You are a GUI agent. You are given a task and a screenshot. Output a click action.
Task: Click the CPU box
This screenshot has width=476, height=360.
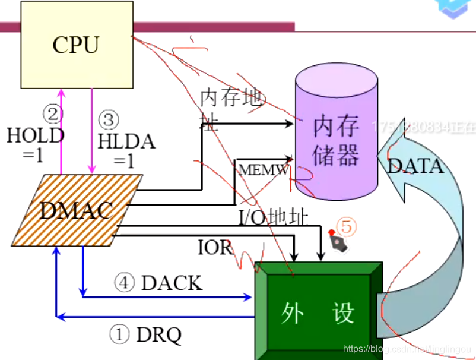click(76, 45)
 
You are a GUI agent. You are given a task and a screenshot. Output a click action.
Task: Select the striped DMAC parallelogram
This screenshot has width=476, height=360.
click(77, 210)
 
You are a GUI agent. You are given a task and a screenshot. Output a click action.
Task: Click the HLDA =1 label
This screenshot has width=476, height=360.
click(126, 151)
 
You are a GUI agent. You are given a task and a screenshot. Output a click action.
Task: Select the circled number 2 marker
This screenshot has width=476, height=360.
click(52, 113)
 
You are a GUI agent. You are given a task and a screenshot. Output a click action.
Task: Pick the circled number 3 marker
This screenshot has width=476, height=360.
click(108, 121)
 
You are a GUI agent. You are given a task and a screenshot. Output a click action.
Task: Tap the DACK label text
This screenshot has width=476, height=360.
click(172, 283)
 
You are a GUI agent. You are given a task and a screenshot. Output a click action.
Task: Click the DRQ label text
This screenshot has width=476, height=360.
click(158, 335)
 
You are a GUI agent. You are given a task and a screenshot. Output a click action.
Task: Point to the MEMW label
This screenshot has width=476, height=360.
click(264, 170)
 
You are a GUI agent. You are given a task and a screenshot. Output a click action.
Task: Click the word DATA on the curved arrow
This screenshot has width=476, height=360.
click(415, 166)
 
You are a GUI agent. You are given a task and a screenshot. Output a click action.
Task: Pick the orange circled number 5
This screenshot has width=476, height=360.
click(347, 226)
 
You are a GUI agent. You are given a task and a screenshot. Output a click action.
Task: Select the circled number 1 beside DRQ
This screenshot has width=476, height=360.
click(119, 335)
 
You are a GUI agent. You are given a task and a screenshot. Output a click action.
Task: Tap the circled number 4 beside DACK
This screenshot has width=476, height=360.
click(124, 283)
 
